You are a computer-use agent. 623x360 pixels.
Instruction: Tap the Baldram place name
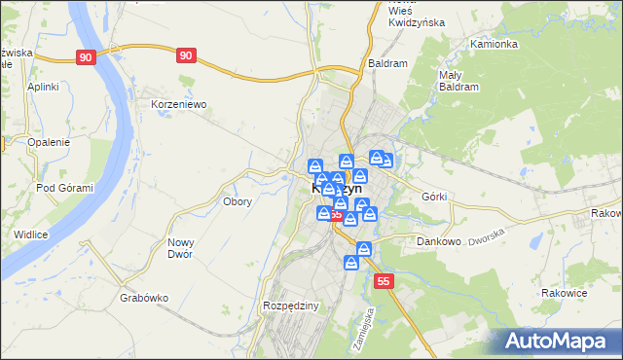387,62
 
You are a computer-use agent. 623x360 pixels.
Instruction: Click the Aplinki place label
44,87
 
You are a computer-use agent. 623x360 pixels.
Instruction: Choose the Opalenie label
49,142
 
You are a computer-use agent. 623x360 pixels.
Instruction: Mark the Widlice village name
31,234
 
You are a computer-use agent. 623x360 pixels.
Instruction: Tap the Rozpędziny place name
291,306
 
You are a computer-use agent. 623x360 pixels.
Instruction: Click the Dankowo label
438,240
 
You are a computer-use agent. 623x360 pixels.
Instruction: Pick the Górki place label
434,196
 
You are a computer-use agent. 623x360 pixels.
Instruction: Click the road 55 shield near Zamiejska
385,281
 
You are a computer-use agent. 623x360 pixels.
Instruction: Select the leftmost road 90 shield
86,57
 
